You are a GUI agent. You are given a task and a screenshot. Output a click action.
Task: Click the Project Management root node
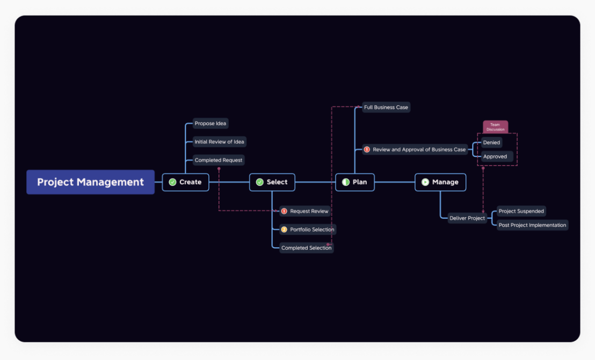tap(90, 182)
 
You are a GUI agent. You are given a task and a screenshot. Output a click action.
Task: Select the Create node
tap(186, 182)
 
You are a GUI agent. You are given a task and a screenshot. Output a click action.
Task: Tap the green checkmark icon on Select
tap(260, 182)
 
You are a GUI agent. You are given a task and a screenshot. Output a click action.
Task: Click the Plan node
tap(355, 182)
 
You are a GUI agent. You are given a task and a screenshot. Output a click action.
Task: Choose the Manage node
tap(440, 182)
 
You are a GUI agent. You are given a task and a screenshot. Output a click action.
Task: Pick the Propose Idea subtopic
tap(211, 124)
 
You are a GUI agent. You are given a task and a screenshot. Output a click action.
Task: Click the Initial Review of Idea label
tap(219, 142)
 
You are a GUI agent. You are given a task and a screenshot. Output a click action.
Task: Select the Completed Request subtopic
tap(219, 160)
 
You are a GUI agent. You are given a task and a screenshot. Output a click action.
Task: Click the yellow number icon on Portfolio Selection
tap(284, 229)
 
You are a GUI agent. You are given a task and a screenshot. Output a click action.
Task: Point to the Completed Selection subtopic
tap(306, 248)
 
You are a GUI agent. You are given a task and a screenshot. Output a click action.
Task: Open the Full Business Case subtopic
tap(386, 107)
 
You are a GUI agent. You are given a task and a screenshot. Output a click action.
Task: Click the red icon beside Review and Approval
tap(367, 149)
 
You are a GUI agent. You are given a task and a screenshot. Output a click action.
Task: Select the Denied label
tap(491, 142)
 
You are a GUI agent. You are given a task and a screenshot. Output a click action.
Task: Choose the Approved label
tap(495, 156)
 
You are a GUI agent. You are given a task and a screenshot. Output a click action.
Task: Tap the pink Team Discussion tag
tap(495, 127)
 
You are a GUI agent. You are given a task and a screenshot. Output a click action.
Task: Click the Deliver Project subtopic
tap(467, 218)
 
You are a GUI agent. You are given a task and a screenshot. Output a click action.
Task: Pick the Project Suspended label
tap(521, 211)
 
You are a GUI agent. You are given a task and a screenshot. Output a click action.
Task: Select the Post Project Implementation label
tap(532, 225)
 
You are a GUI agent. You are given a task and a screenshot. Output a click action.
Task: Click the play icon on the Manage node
tap(425, 182)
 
